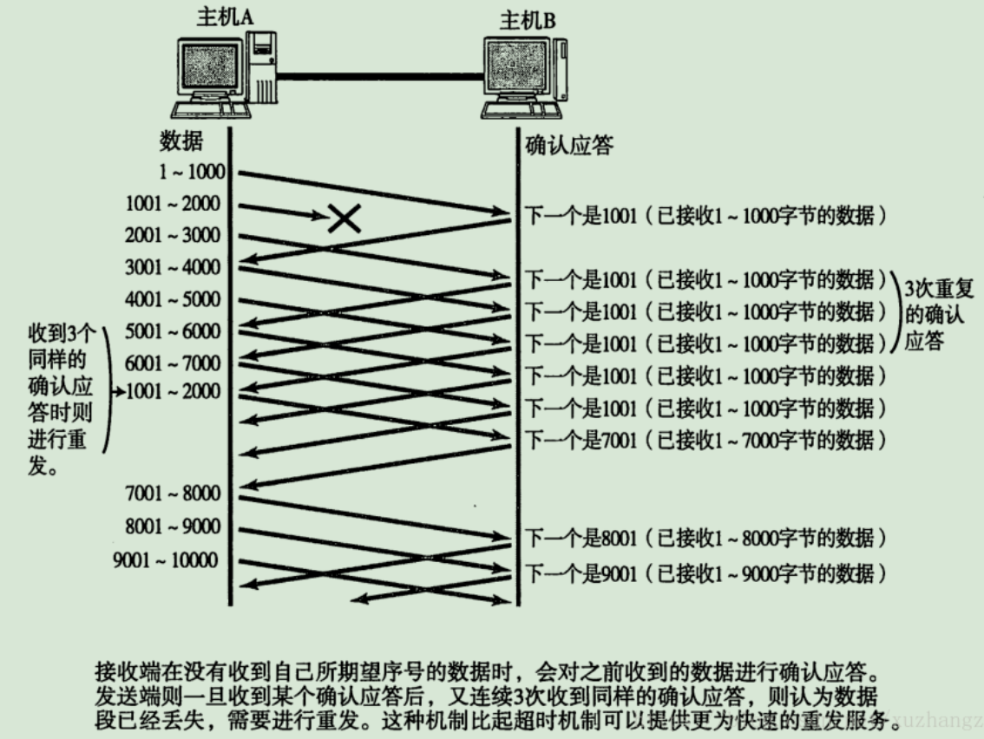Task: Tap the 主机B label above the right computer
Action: [528, 18]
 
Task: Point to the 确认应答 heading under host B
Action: [569, 144]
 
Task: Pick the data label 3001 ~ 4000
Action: [173, 267]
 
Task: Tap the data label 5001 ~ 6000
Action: [173, 331]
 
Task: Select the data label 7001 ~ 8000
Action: [173, 494]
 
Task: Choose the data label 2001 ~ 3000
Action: [173, 235]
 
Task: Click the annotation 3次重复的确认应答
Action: [934, 312]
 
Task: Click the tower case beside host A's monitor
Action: [262, 71]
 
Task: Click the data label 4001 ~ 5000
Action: [173, 299]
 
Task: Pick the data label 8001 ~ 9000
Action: [173, 526]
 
